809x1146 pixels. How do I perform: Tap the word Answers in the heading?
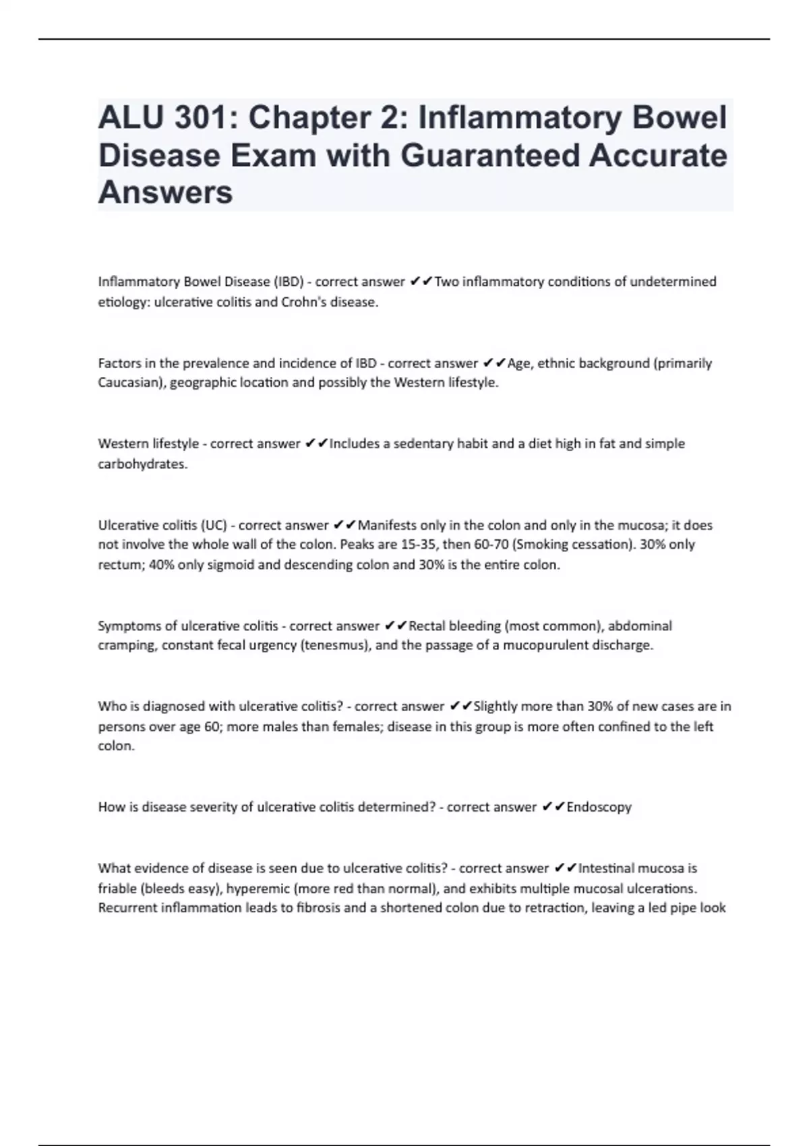pyautogui.click(x=165, y=193)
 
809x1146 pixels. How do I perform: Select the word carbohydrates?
pyautogui.click(x=142, y=464)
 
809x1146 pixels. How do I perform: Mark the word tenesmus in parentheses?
pyautogui.click(x=335, y=645)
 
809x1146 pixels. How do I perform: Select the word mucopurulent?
pyautogui.click(x=545, y=645)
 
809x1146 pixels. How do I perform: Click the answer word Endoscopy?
pyautogui.click(x=599, y=807)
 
